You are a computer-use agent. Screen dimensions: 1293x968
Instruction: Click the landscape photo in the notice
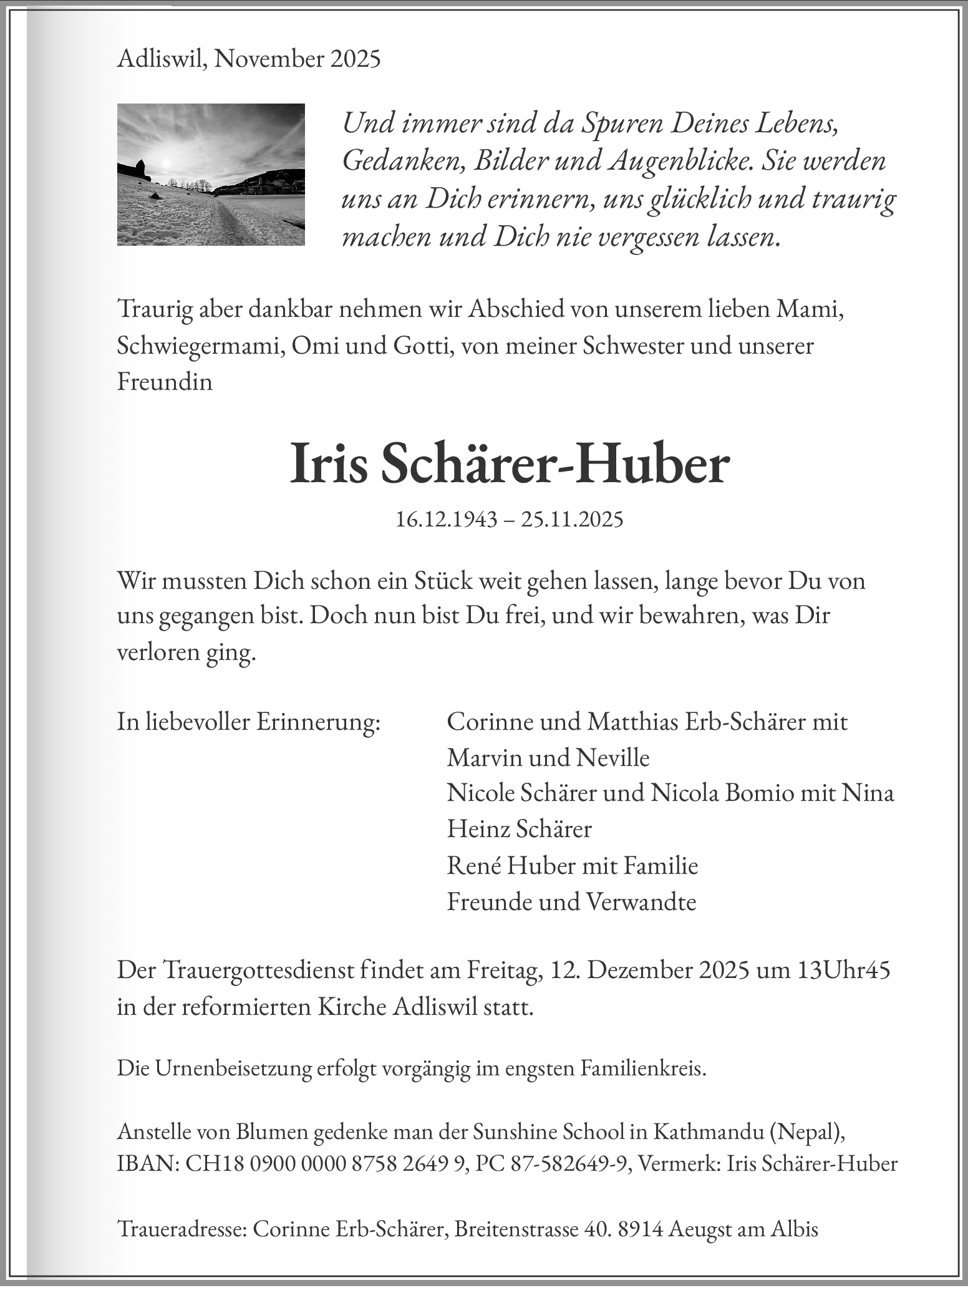pyautogui.click(x=211, y=175)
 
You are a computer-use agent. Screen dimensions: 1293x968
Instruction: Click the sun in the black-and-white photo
pyautogui.click(x=166, y=163)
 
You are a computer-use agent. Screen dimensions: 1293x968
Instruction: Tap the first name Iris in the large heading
pyautogui.click(x=329, y=464)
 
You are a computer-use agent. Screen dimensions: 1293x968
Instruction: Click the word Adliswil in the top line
pyautogui.click(x=163, y=59)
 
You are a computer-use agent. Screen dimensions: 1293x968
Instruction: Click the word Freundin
pyautogui.click(x=165, y=382)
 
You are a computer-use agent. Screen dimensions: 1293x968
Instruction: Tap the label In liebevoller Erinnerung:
pyautogui.click(x=248, y=722)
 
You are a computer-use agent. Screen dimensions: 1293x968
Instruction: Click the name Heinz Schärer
pyautogui.click(x=519, y=829)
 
